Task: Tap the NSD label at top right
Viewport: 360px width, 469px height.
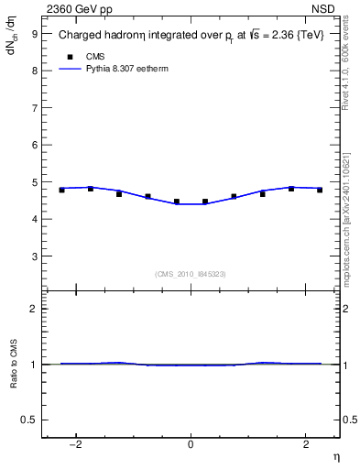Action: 327,9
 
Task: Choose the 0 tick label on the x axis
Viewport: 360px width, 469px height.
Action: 191,443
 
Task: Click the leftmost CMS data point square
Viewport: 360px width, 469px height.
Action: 61,190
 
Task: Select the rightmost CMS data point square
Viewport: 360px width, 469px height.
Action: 320,190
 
